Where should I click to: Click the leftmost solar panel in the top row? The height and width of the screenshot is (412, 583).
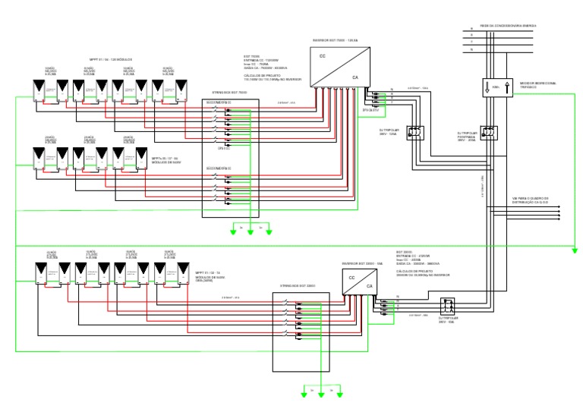[x=38, y=90]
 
